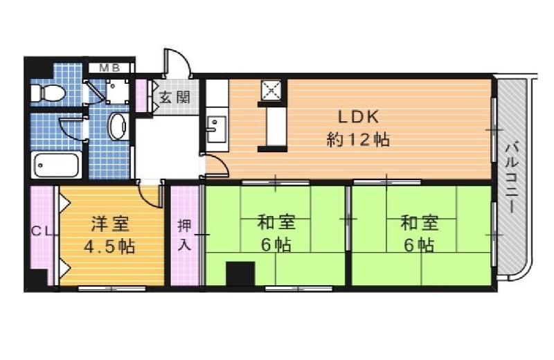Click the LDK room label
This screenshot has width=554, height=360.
click(x=358, y=117)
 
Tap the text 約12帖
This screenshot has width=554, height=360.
click(x=358, y=140)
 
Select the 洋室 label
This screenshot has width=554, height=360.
click(x=110, y=224)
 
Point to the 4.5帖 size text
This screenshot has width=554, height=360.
click(x=109, y=246)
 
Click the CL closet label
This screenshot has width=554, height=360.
click(x=42, y=232)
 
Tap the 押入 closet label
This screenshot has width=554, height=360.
click(x=184, y=235)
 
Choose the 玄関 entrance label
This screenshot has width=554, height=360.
click(x=175, y=97)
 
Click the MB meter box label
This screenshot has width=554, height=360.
click(x=109, y=67)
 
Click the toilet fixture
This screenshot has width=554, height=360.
click(x=48, y=93)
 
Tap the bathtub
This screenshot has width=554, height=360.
click(x=56, y=165)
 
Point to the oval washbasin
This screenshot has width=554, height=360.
click(x=117, y=127)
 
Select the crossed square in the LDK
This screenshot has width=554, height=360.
click(x=271, y=91)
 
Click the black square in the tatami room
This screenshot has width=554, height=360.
click(x=240, y=273)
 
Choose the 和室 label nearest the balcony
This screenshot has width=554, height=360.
click(x=420, y=223)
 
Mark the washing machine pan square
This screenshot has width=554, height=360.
click(x=117, y=91)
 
